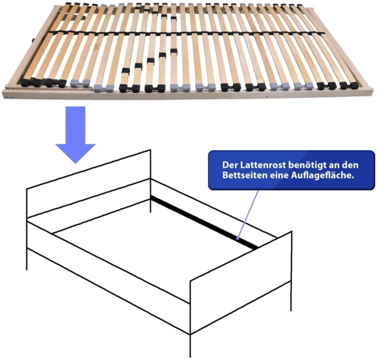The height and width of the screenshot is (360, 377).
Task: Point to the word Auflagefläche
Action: [322, 175]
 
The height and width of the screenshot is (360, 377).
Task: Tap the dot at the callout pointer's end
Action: [238, 239]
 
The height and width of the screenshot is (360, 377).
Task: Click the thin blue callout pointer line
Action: [248, 214]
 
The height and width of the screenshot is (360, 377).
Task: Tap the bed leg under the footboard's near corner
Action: [190, 346]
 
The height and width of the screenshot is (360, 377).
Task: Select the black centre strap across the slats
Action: [187, 33]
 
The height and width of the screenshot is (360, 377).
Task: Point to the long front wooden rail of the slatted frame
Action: [187, 94]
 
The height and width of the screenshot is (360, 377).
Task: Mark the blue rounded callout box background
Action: [292, 170]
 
